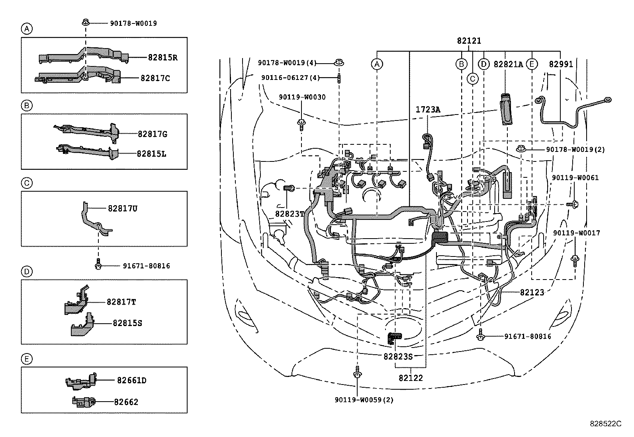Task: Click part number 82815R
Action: coord(162,57)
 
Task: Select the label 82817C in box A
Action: coord(155,78)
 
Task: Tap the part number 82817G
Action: coord(153,134)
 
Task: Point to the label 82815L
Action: coord(151,153)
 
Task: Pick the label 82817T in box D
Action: coord(121,302)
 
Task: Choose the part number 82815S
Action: coord(127,323)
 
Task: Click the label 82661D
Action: coord(131,381)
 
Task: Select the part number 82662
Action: coord(126,402)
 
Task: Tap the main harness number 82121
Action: coord(469,41)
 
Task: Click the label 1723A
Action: coord(428,109)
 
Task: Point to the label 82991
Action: coord(561,64)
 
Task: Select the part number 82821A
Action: coord(508,64)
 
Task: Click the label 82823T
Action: coord(290,214)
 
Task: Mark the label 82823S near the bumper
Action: coord(398,356)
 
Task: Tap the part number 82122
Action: coord(411,378)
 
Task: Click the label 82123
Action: coord(532,292)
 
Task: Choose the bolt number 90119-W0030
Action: coord(302,97)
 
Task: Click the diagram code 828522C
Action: coord(605,423)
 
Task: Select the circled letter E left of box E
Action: coord(26,359)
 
